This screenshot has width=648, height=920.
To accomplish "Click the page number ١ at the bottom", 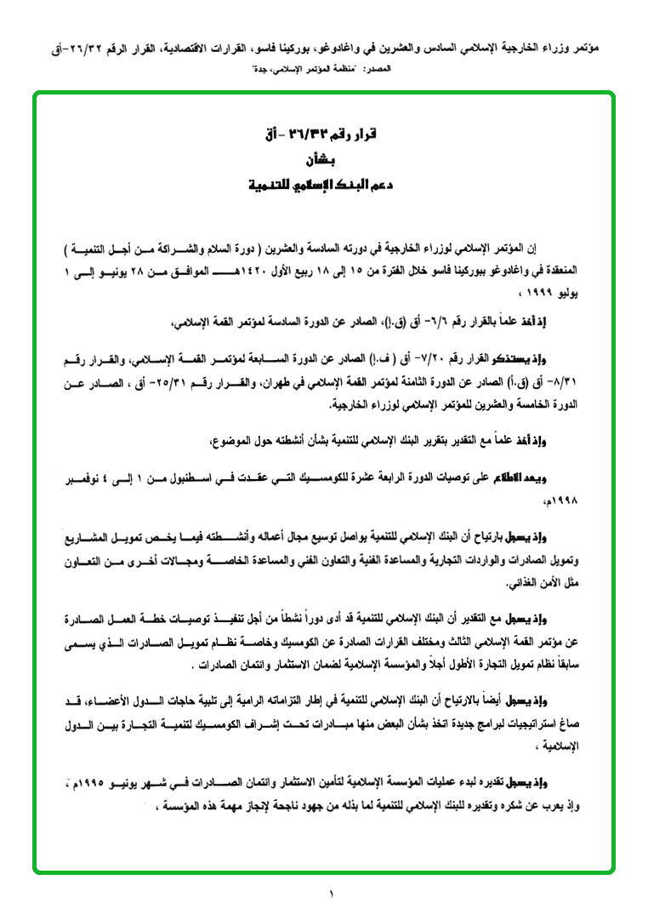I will [x=332, y=894].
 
